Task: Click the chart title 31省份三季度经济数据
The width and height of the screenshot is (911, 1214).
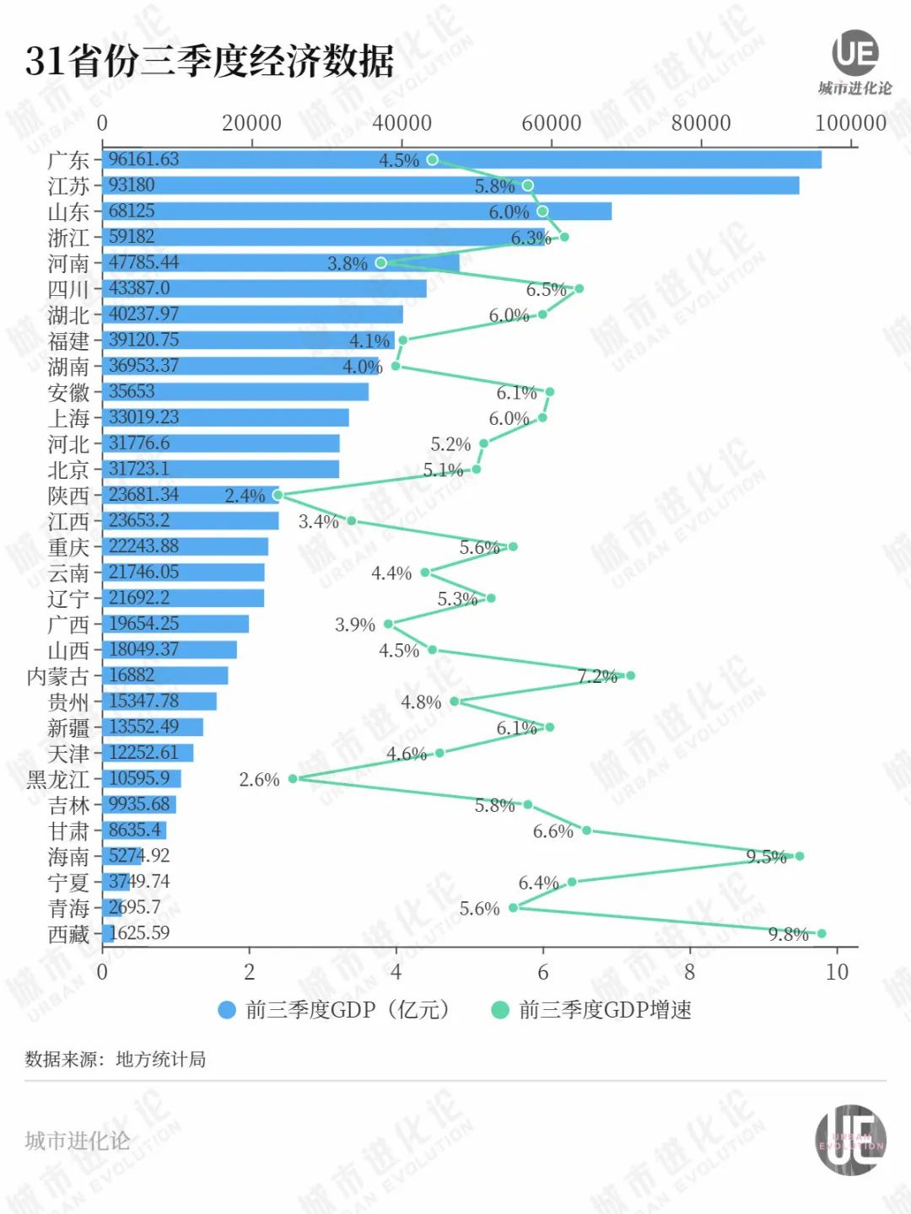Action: coord(209,61)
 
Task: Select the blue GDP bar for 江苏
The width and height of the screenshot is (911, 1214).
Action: coord(450,185)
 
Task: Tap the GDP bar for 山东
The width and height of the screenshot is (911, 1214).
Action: coord(357,211)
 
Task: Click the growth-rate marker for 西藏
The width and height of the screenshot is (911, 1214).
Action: coord(822,933)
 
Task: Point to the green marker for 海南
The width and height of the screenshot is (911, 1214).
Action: coord(800,856)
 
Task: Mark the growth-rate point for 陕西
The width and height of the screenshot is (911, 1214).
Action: coord(278,495)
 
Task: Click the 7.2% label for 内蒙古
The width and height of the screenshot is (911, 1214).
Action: coord(597,676)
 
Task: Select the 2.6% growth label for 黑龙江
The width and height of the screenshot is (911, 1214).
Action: coord(259,780)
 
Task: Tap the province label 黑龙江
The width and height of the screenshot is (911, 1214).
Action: coord(57,779)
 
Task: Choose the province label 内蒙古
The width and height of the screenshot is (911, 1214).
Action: coord(57,676)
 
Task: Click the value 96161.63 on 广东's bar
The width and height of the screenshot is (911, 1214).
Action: coord(143,159)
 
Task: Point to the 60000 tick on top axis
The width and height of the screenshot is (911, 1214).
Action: coord(552,123)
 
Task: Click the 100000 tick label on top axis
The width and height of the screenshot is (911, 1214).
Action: coord(850,123)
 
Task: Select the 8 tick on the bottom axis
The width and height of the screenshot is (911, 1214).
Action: coord(690,972)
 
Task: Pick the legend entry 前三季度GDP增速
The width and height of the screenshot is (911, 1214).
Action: coord(604,1009)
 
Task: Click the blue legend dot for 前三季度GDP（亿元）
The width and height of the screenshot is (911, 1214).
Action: coord(227,1009)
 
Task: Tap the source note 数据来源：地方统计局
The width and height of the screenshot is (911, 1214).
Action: coord(116,1059)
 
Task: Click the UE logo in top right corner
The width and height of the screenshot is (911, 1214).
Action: coord(855,56)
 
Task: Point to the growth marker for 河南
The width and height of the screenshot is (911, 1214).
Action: coord(381,263)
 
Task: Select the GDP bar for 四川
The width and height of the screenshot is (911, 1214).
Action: coord(264,288)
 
